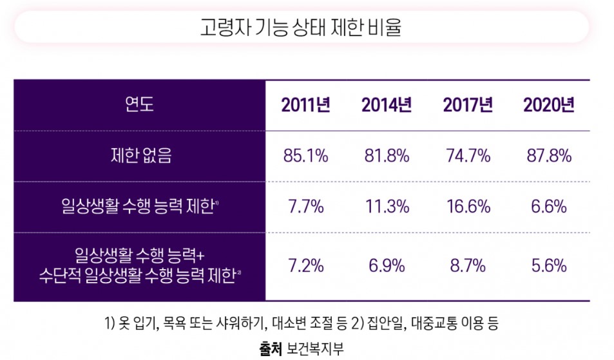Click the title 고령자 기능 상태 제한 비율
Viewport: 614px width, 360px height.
tap(301, 28)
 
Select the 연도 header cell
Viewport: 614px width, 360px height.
tap(139, 105)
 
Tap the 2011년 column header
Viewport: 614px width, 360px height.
tap(305, 105)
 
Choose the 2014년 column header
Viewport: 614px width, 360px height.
tap(387, 105)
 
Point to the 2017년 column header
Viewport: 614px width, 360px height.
tap(468, 105)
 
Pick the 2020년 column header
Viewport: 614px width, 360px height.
tap(548, 105)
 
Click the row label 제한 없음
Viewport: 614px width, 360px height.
tap(139, 156)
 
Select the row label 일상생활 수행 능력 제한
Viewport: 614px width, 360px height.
tap(139, 207)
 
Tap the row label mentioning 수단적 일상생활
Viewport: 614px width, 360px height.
tap(139, 266)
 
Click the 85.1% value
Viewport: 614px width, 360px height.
tap(305, 156)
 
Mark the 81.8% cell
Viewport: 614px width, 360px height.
tap(387, 156)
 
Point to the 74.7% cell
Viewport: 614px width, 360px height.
tap(468, 156)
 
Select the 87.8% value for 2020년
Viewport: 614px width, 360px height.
tap(548, 156)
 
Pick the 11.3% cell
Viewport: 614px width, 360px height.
tap(387, 207)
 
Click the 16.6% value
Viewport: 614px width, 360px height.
tap(468, 207)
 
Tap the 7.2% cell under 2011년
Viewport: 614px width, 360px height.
tap(305, 265)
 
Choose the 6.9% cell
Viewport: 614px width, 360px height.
tap(387, 265)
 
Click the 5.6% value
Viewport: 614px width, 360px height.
tap(548, 265)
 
